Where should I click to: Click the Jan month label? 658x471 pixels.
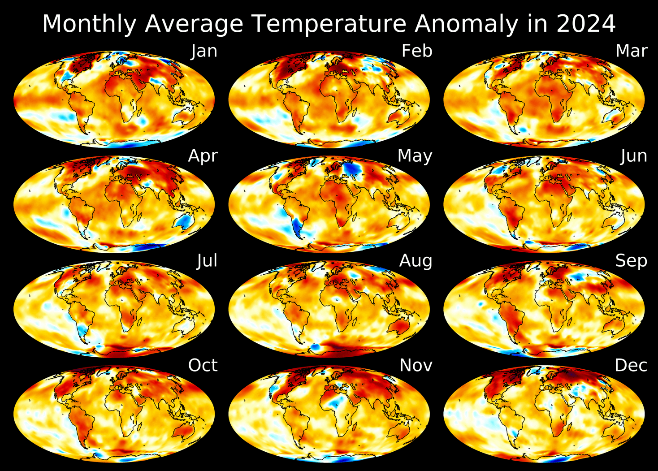click(x=204, y=51)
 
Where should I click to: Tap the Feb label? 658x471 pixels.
click(x=417, y=51)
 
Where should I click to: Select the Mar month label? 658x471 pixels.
click(x=631, y=51)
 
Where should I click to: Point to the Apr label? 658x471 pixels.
click(x=203, y=156)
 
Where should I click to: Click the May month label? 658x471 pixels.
click(x=415, y=156)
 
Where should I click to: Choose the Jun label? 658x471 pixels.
click(x=634, y=156)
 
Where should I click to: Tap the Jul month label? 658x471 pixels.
click(x=207, y=261)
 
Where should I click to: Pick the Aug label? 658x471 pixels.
click(x=416, y=261)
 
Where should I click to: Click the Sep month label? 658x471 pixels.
click(x=631, y=261)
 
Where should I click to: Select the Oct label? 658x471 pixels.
click(x=203, y=366)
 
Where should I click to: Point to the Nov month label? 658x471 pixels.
click(x=416, y=366)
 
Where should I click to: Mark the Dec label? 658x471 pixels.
click(x=631, y=366)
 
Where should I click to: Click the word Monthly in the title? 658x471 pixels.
click(x=88, y=24)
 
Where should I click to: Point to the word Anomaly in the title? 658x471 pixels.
click(x=466, y=24)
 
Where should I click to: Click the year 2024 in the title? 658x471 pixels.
click(x=586, y=24)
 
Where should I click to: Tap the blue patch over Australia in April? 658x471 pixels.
click(x=184, y=221)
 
